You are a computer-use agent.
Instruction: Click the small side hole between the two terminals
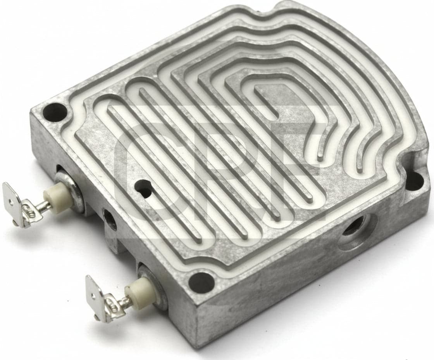click(110, 219)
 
